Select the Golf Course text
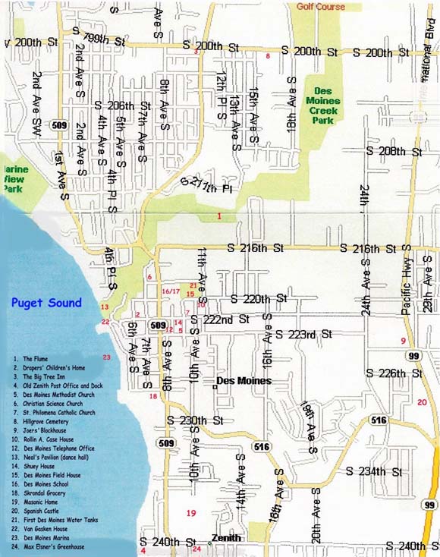(x=320, y=7)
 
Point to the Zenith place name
(x=226, y=538)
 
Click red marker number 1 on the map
(x=218, y=217)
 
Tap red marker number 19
(x=191, y=514)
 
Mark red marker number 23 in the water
(x=107, y=357)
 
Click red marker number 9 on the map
(x=404, y=341)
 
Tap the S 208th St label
(x=399, y=152)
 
